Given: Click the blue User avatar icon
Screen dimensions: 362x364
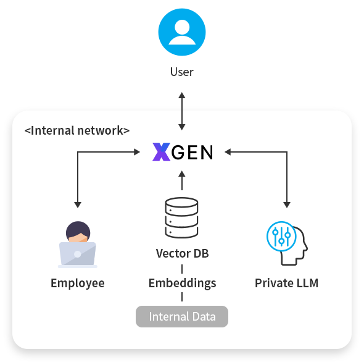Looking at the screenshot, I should point(181,31).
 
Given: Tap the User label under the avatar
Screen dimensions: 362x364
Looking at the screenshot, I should point(181,72).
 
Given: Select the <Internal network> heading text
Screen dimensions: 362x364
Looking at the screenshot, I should point(77,131).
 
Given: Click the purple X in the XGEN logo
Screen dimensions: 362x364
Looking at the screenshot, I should point(160,152).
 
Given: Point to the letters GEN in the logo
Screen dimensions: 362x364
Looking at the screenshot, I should point(192,152).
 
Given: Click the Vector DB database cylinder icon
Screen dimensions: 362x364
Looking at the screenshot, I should point(181,217).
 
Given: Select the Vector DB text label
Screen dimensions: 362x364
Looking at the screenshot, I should point(181,253).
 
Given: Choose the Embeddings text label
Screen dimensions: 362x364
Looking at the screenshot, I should point(182,284).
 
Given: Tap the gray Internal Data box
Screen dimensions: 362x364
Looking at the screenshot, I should point(182,317).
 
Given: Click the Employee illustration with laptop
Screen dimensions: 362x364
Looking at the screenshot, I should point(77,245).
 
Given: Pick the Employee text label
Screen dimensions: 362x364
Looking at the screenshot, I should point(77,284).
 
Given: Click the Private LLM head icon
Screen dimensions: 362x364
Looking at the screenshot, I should point(286,245).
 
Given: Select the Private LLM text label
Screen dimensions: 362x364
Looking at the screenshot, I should point(286,284).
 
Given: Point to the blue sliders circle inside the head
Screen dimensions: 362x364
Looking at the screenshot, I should point(281,237).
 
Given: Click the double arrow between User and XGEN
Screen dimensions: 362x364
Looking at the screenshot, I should point(181,111).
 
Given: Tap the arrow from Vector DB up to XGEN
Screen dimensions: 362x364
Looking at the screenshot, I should point(181,180).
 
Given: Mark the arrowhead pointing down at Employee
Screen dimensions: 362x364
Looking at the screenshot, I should point(78,203).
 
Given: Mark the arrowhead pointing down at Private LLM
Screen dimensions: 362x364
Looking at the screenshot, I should point(286,203).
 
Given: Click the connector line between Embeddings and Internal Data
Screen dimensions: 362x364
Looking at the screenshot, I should point(182,298).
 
